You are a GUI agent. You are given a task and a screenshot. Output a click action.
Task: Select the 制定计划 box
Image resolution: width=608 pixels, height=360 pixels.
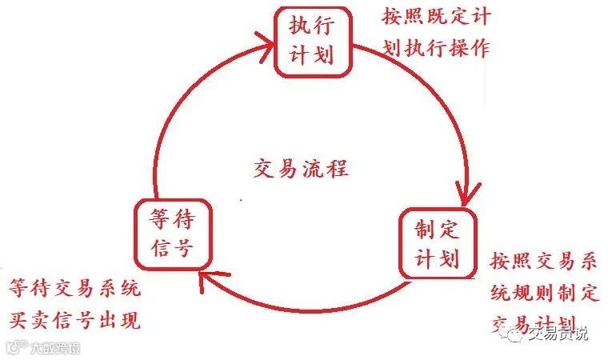click(435, 244)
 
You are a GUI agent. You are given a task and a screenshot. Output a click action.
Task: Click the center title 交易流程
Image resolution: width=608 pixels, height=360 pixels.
click(300, 170)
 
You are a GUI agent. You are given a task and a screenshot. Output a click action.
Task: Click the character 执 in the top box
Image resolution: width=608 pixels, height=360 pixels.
click(299, 27)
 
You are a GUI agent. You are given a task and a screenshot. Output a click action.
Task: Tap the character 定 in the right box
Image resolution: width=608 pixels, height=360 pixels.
click(449, 230)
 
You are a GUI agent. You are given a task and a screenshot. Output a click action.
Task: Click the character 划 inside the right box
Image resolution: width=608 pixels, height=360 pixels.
click(449, 259)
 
